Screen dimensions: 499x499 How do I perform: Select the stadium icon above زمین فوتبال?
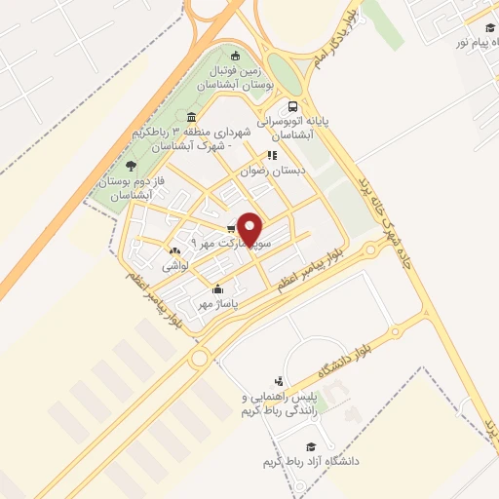[x=233, y=55]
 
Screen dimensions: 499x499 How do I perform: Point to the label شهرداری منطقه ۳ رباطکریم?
[x=209, y=138]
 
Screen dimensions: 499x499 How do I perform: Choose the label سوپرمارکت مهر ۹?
[x=220, y=240]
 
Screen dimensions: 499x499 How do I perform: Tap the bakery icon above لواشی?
[x=174, y=250]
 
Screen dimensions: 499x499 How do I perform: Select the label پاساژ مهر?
[x=216, y=303]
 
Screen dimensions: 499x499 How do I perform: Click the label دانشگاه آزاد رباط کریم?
[x=306, y=460]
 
